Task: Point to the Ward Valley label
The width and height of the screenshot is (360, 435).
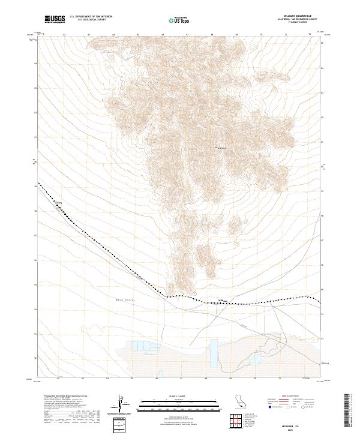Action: pos(125,299)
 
